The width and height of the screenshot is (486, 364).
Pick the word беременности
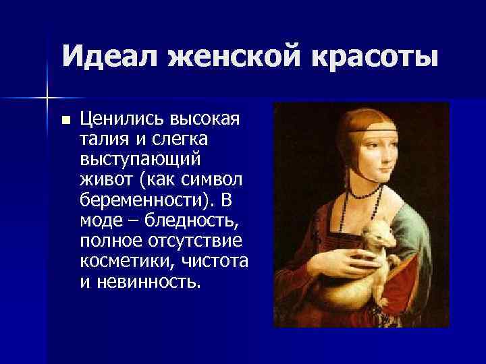pyautogui.click(x=144, y=202)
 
